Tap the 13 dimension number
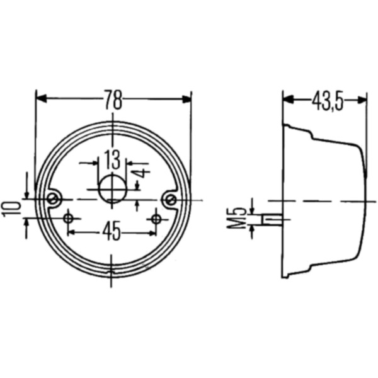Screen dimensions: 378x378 click(112, 157)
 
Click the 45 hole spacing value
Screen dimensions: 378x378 click(112, 232)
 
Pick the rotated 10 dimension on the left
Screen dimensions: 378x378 click(10, 209)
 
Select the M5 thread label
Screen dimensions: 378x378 click(237, 218)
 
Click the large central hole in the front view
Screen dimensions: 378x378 click(113, 188)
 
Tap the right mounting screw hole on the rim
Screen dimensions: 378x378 click(169, 199)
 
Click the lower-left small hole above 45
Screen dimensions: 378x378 click(68, 218)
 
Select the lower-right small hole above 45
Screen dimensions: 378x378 click(155, 218)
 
